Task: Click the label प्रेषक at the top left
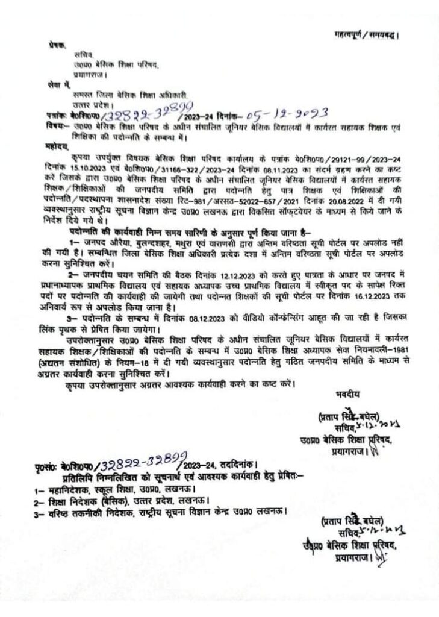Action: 57,45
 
